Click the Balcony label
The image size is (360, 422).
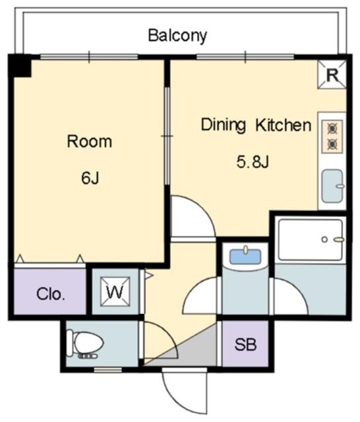point(177,36)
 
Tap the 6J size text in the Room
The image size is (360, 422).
point(90,178)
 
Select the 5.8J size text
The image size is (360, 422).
point(253,162)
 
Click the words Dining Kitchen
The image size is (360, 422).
point(256,125)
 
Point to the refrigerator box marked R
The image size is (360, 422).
point(332,75)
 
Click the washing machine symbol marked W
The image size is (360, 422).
point(115,291)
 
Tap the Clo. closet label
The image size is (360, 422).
point(51,294)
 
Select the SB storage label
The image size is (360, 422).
point(245,344)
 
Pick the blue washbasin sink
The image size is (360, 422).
point(245,256)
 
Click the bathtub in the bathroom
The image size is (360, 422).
point(311,240)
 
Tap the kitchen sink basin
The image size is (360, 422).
point(332,186)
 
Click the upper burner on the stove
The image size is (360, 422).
point(332,129)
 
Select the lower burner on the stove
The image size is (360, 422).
point(332,145)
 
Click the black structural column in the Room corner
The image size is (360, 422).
point(20,66)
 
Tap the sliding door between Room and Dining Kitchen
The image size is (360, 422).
point(167,136)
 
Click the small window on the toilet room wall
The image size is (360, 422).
point(108,370)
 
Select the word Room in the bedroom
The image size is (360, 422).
point(89,142)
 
